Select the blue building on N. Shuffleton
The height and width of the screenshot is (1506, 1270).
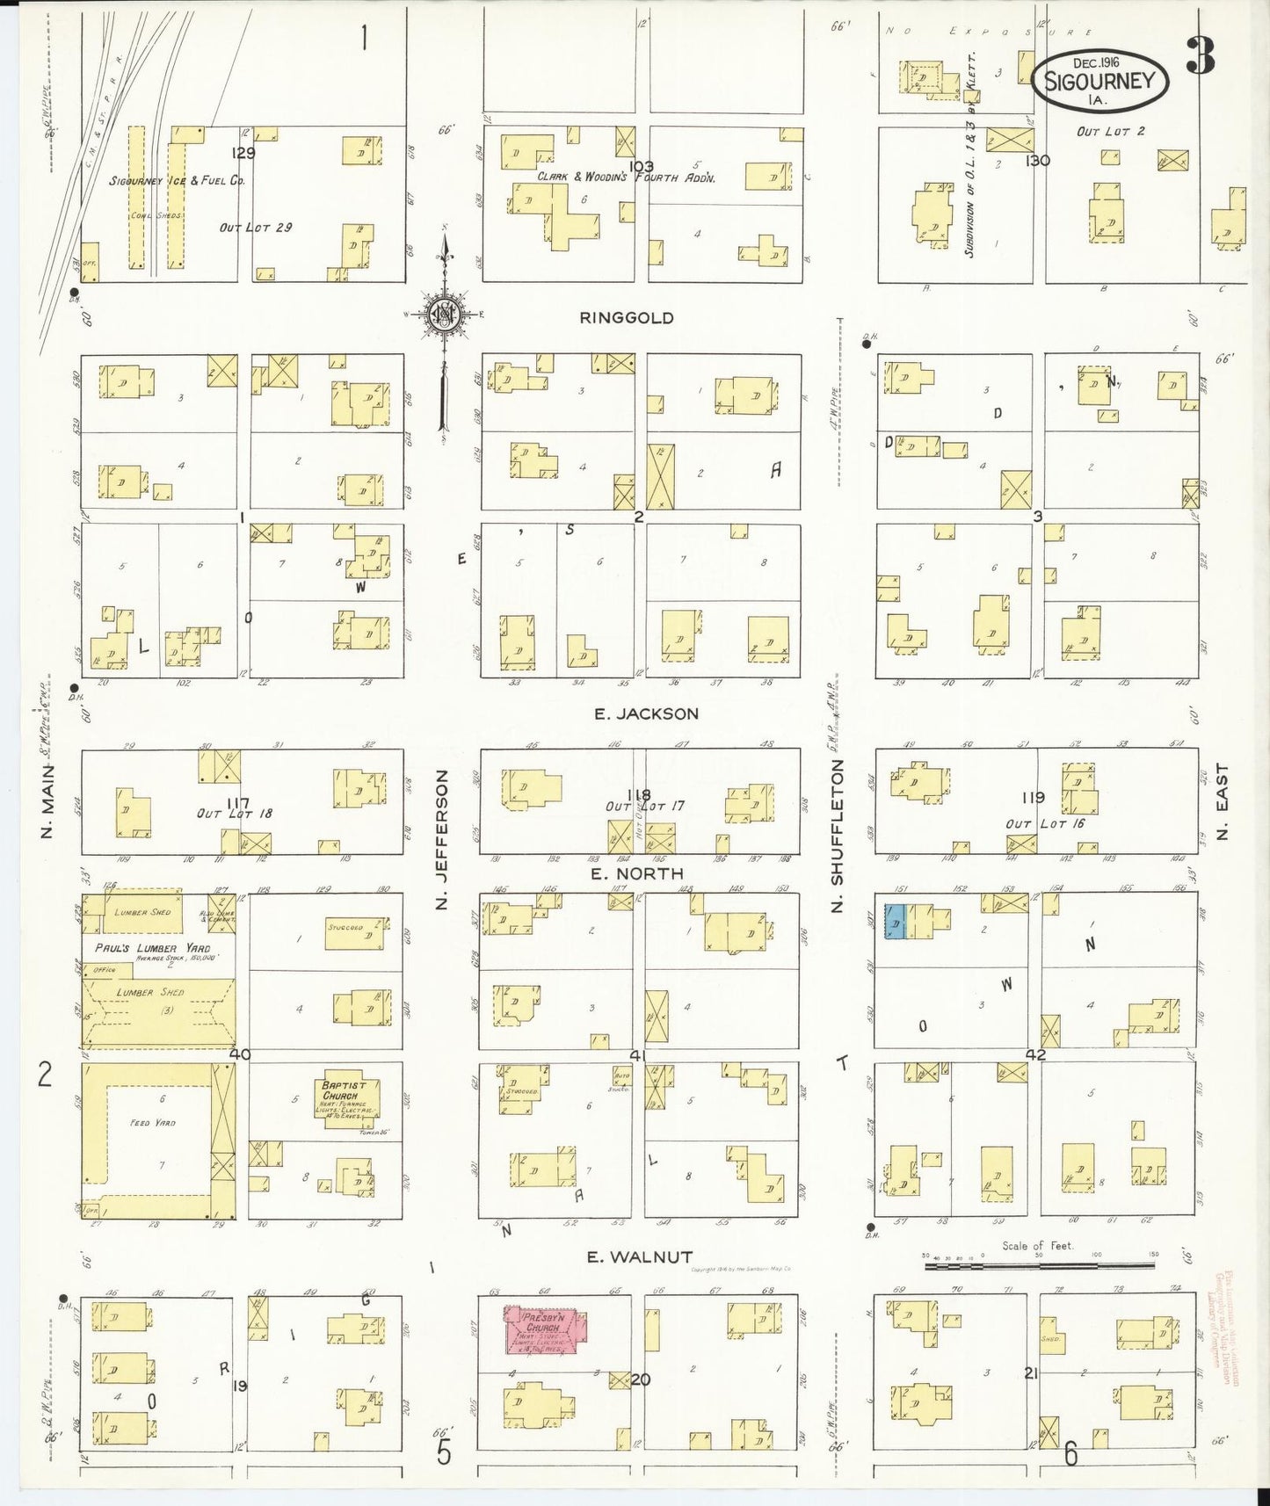tap(894, 922)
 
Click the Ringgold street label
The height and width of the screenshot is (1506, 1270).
tap(627, 318)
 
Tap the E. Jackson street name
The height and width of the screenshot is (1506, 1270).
tap(646, 714)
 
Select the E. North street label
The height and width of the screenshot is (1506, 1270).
tap(637, 873)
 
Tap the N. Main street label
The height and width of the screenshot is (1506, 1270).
tap(48, 800)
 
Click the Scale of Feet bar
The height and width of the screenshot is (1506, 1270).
tap(1039, 1265)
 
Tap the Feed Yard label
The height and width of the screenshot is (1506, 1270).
tap(152, 1123)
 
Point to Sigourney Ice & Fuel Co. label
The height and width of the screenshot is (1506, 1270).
tap(177, 181)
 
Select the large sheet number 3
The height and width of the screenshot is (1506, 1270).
tap(1199, 55)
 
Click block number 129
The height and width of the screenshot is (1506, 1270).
tap(243, 153)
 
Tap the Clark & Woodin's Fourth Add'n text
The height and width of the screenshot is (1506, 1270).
tap(627, 177)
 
